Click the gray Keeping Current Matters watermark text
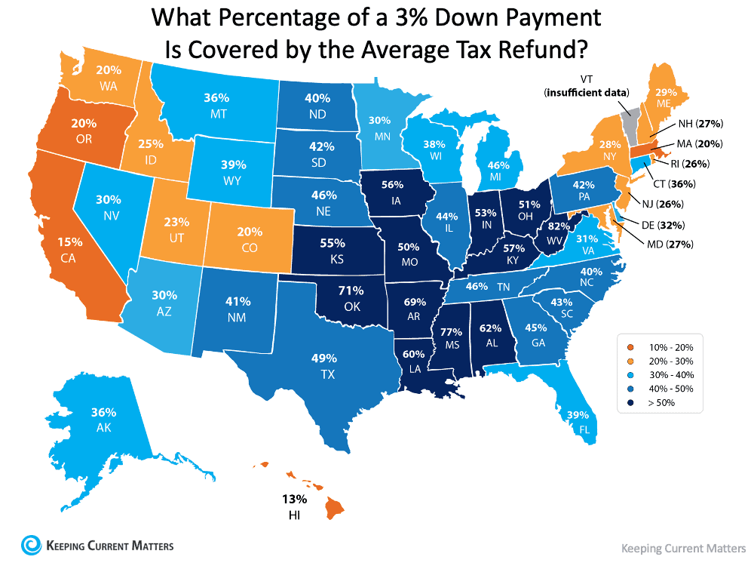point(682,548)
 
